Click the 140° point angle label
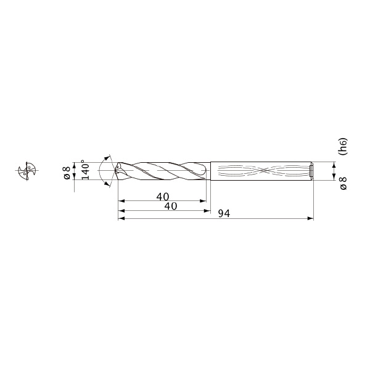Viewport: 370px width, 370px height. click(x=86, y=170)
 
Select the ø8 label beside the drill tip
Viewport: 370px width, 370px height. click(x=67, y=173)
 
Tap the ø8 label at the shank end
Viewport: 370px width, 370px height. click(x=343, y=183)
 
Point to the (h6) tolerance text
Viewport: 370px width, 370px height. click(x=343, y=146)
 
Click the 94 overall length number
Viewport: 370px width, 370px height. click(x=224, y=213)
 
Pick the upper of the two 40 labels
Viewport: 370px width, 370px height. click(x=163, y=197)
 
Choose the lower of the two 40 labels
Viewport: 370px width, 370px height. click(x=171, y=206)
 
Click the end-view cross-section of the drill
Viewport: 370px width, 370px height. click(x=27, y=171)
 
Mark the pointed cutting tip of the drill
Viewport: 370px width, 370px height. click(x=116, y=170)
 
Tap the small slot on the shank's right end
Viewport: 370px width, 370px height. click(x=311, y=171)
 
